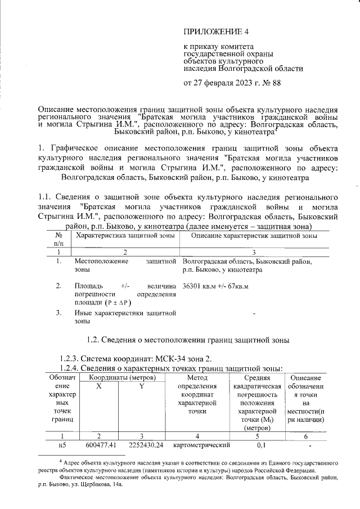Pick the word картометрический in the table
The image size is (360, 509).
point(197,446)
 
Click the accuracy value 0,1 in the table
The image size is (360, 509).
point(260,446)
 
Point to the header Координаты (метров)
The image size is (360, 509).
point(120,377)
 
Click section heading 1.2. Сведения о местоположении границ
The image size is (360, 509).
point(189,340)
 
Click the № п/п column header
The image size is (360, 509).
point(59,240)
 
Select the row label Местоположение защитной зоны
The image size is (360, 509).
point(125,265)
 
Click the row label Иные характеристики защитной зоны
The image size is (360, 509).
point(125,317)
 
